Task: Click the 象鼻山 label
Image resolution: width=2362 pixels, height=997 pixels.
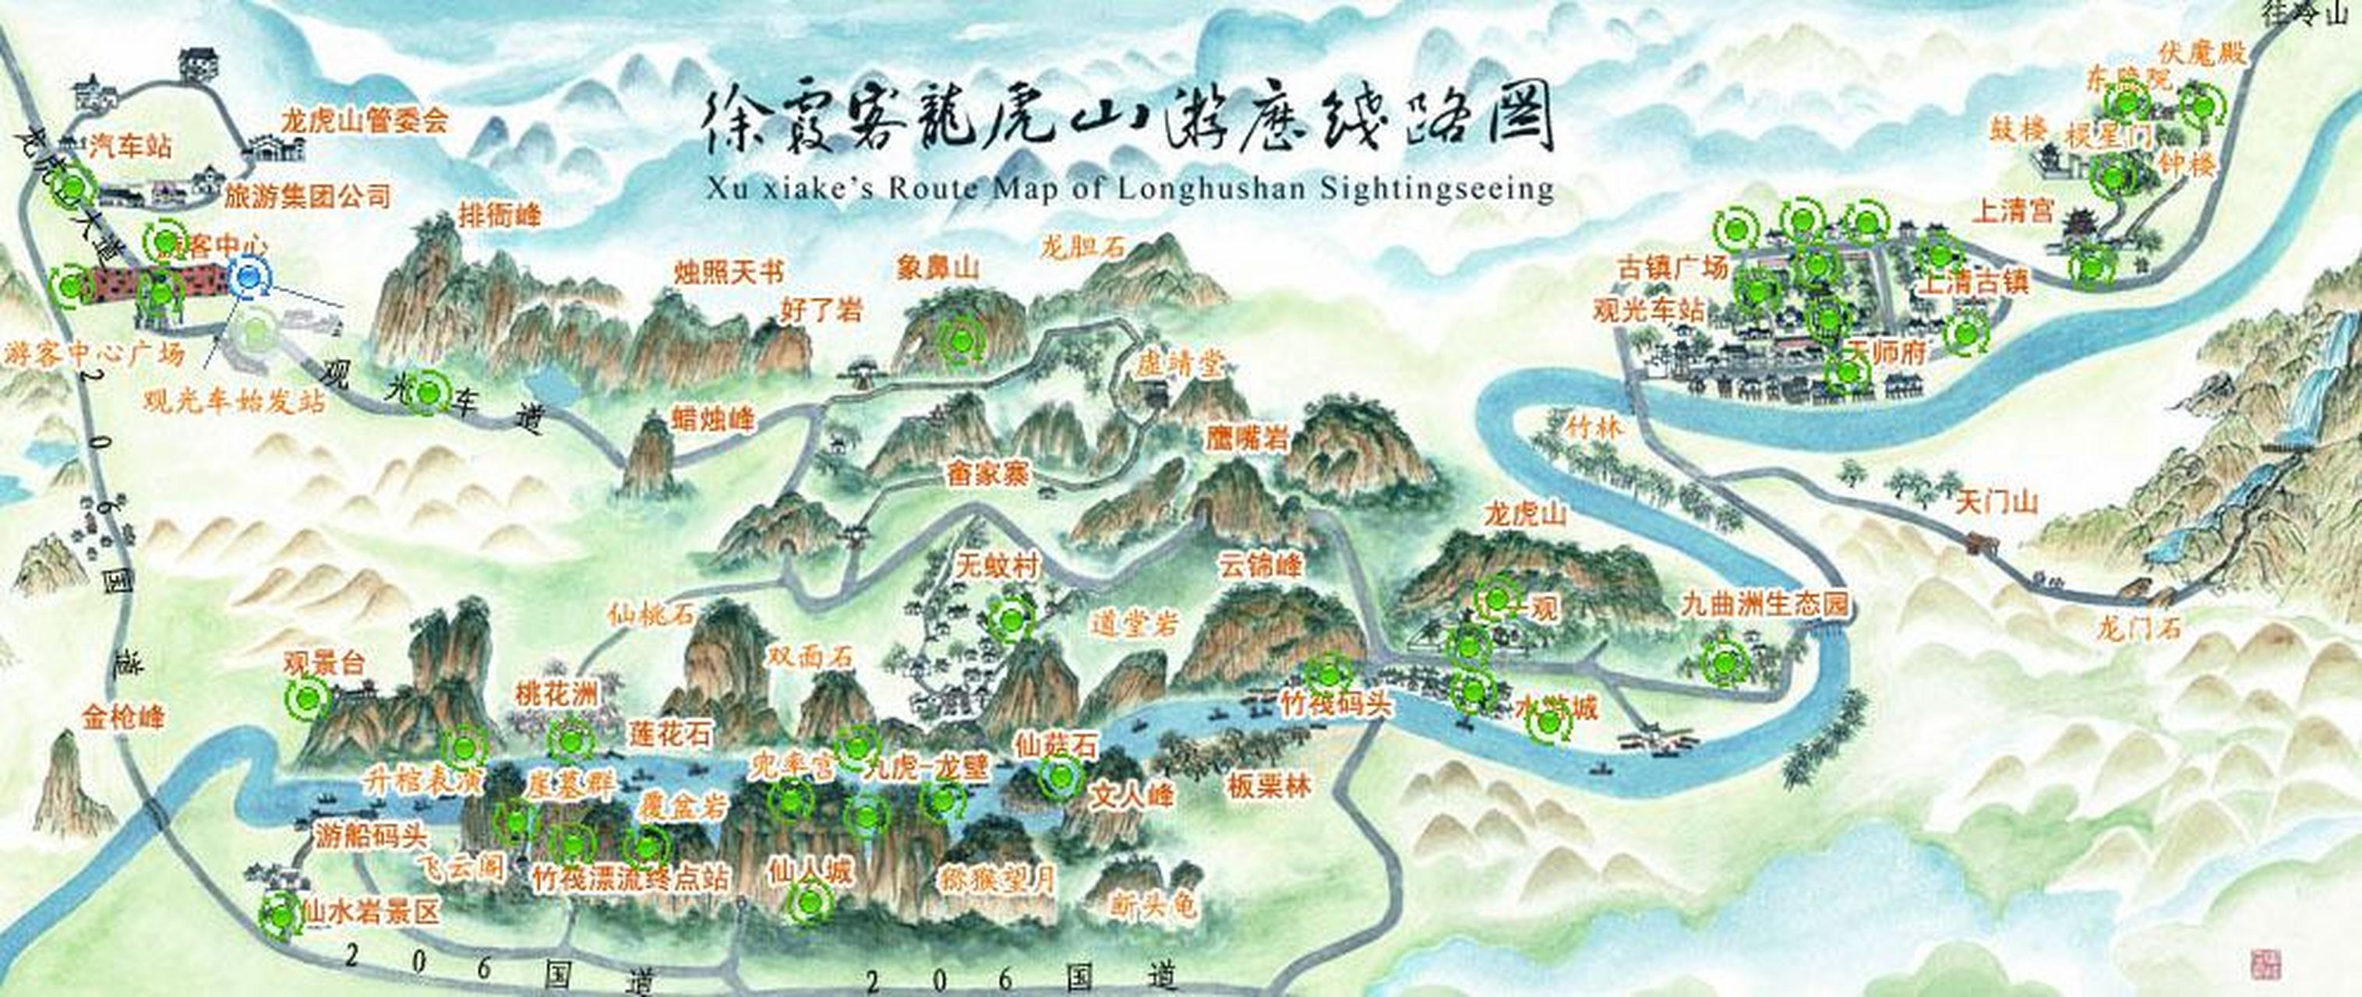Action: tap(938, 269)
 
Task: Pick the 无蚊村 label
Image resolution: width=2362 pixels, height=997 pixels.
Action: tap(997, 566)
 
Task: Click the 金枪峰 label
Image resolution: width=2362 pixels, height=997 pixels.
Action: tap(124, 717)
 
